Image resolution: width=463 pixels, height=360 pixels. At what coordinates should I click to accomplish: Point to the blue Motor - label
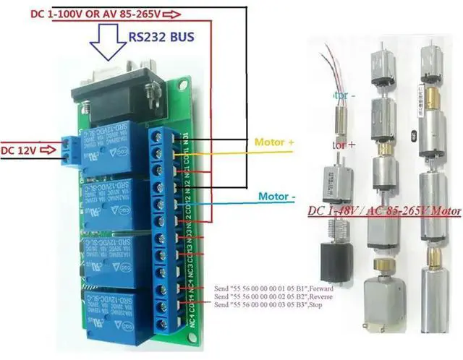click(x=276, y=196)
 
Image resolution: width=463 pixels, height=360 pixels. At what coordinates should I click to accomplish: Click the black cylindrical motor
click(x=334, y=261)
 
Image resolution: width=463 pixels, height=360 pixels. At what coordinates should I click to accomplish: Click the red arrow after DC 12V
click(x=47, y=150)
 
